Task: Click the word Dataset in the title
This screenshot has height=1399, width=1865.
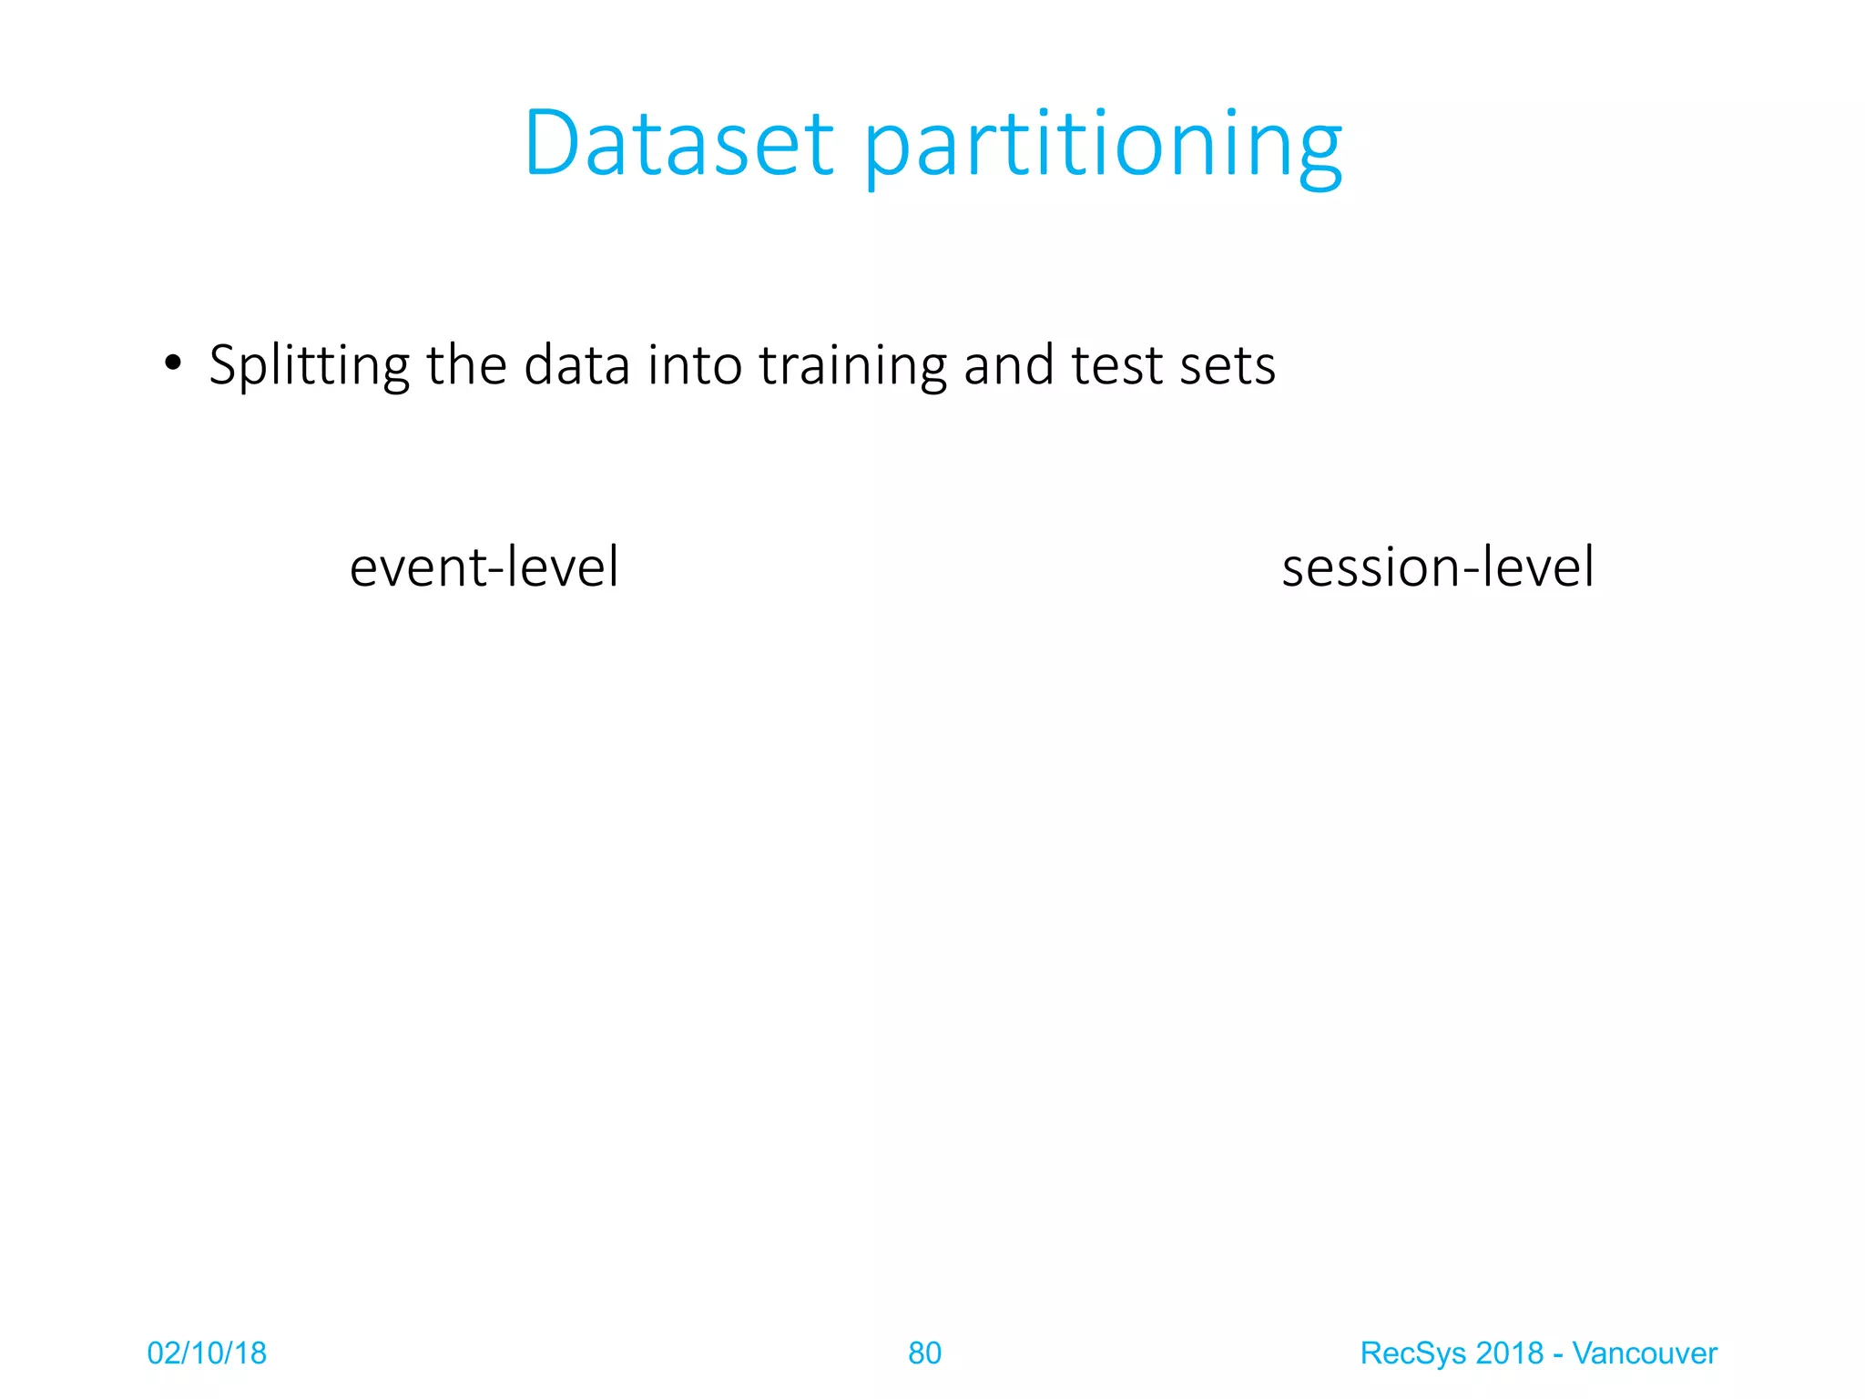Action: [678, 143]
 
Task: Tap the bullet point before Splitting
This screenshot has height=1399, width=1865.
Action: [173, 363]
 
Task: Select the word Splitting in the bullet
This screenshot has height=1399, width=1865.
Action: [309, 366]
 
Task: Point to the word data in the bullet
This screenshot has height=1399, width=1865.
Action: [576, 364]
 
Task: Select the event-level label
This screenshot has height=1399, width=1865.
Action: [484, 566]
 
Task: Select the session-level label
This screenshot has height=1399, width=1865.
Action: [1437, 566]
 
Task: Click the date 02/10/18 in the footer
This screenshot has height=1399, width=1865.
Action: [207, 1353]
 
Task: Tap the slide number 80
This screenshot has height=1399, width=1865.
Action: [924, 1353]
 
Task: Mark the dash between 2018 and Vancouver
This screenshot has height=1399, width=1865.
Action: [1558, 1354]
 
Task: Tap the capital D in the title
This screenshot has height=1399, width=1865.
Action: [552, 143]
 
